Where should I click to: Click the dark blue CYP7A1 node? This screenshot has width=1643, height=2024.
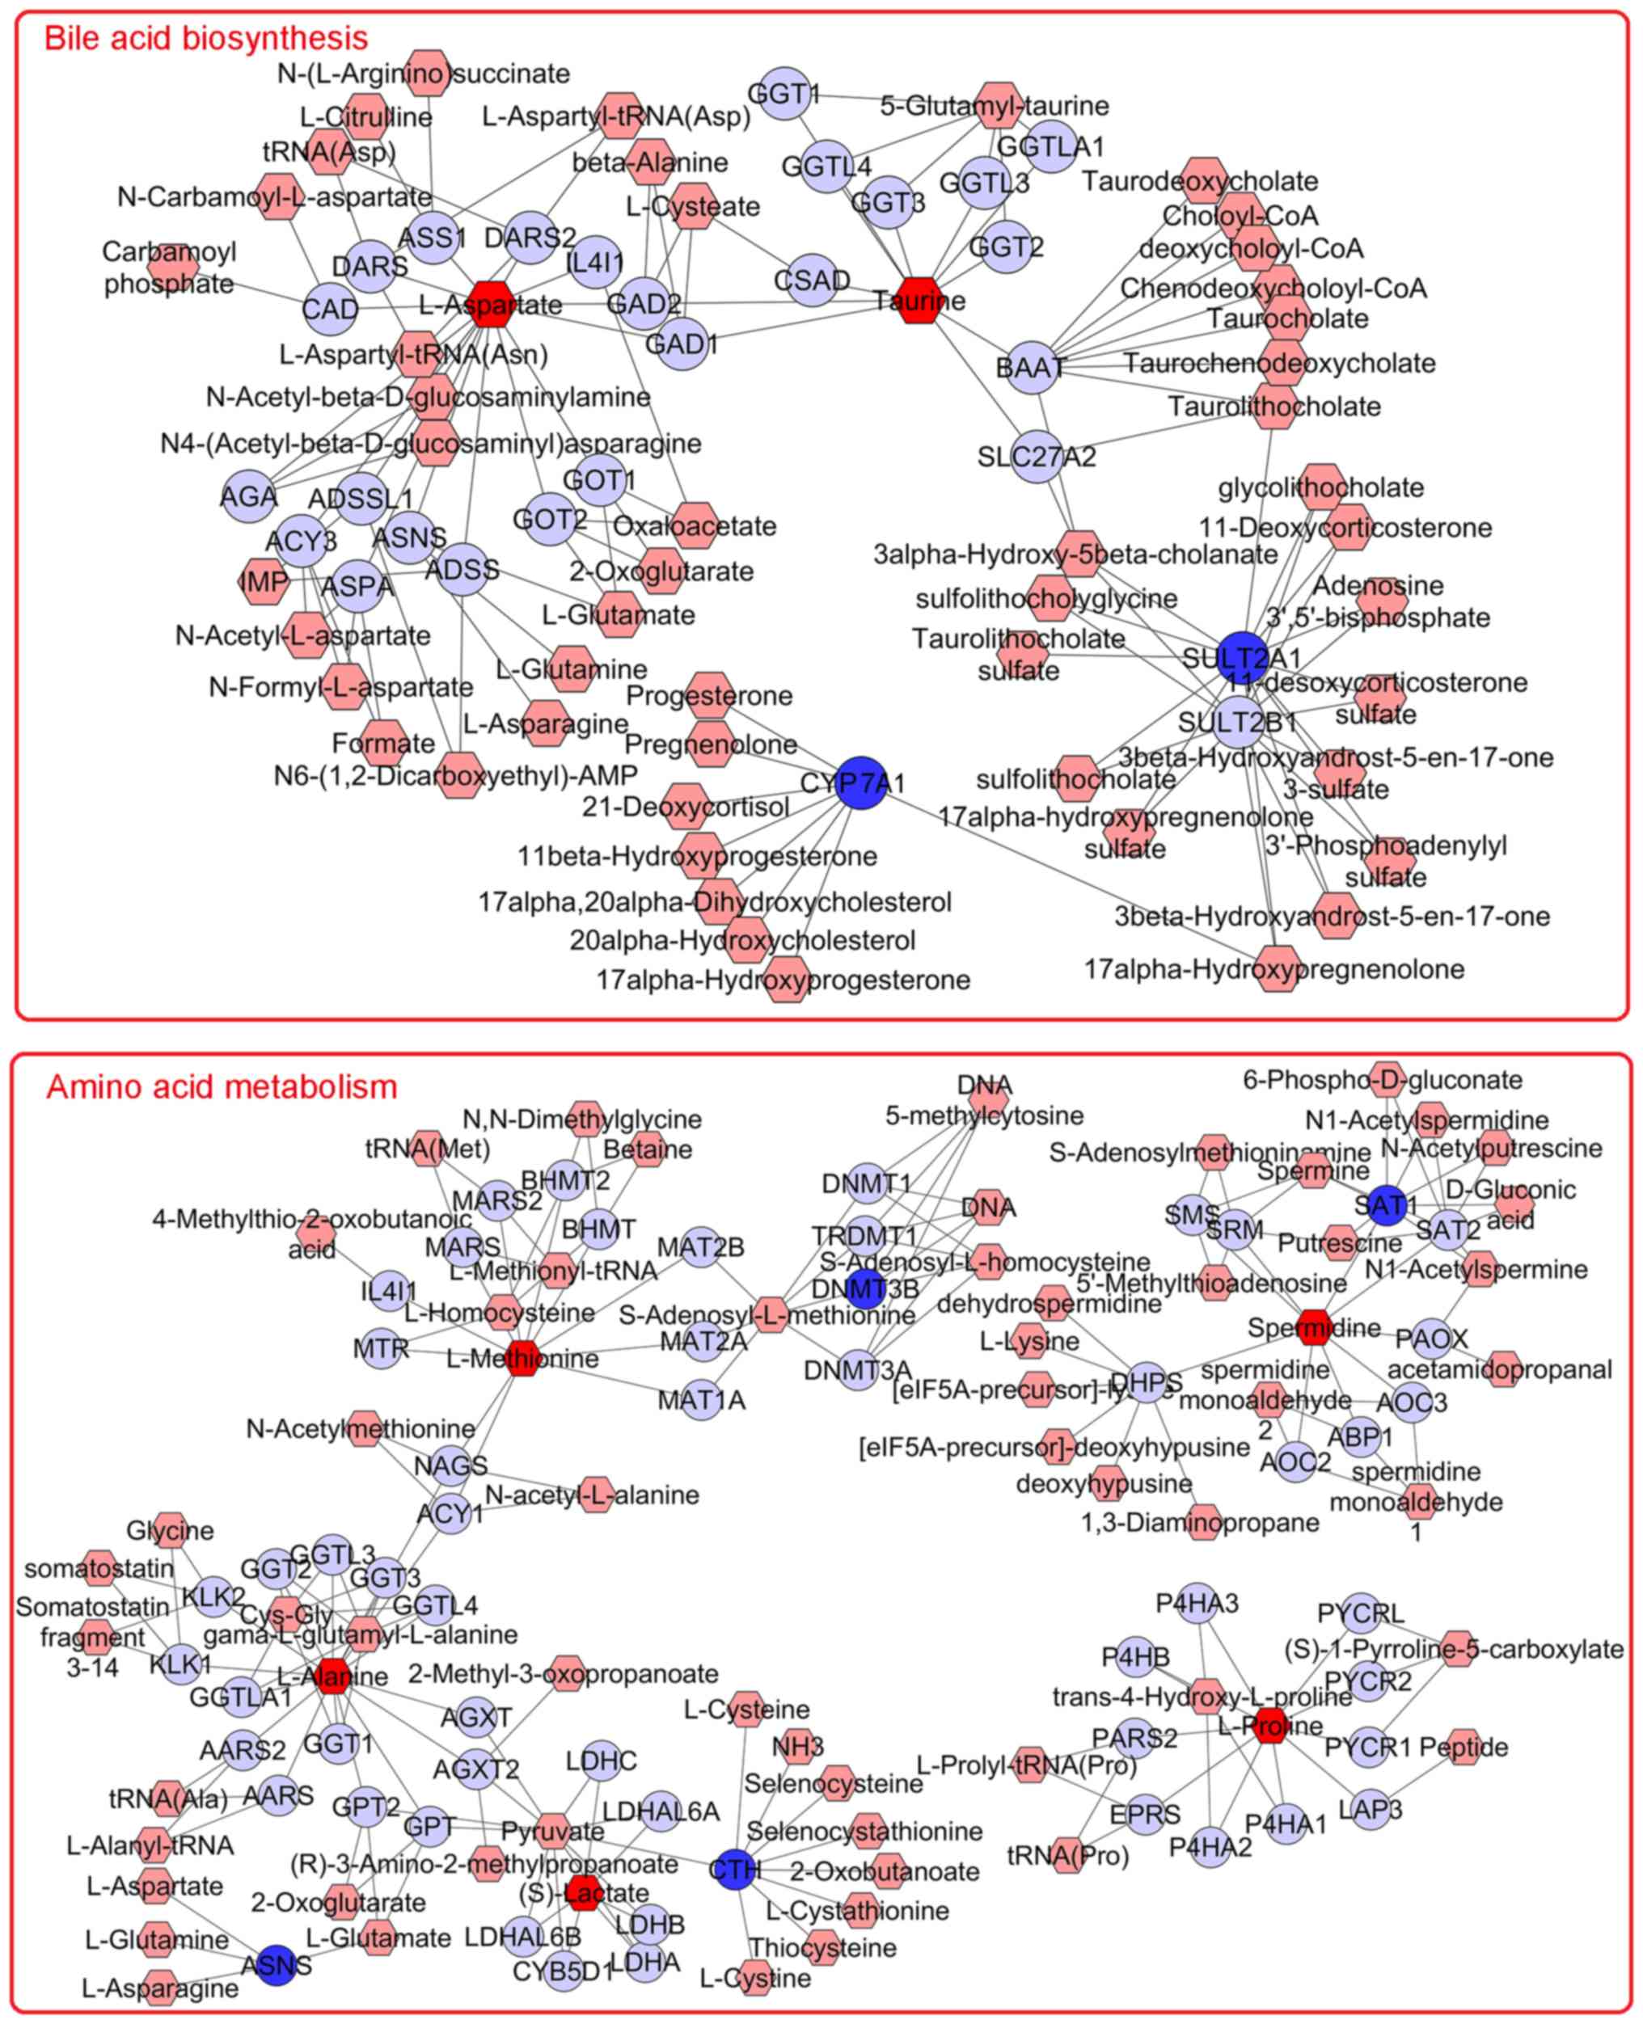coord(861,782)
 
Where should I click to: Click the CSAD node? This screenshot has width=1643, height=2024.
coord(811,280)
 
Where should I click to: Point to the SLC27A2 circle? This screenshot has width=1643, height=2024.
coord(1037,457)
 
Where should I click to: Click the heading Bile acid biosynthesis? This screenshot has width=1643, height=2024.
coord(205,38)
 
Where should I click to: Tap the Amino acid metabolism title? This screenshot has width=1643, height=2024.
coord(222,1086)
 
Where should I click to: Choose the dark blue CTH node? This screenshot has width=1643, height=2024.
coord(735,1869)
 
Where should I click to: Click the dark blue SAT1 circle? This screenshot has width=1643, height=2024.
coord(1387,1204)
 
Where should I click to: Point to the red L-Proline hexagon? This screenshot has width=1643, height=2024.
coord(1270,1726)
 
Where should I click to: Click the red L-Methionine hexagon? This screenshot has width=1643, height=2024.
coord(522,1358)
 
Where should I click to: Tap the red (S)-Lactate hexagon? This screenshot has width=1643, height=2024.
coord(584,1892)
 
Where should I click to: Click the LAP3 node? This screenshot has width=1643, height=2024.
coord(1370,1809)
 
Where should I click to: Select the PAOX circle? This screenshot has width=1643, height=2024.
coord(1432,1338)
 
